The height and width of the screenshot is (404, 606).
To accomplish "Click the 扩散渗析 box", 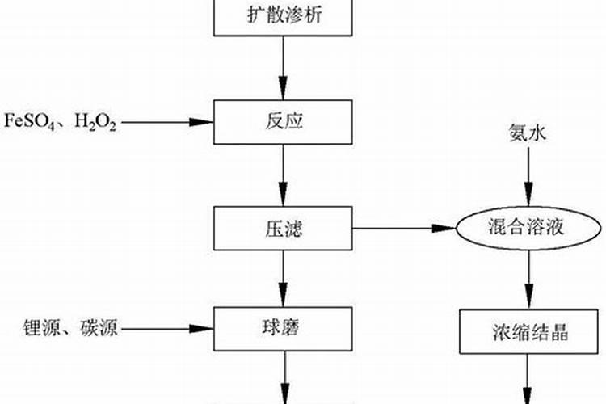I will (283, 17).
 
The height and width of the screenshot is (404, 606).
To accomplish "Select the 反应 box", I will (283, 122).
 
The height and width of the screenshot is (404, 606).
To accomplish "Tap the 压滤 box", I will (283, 228).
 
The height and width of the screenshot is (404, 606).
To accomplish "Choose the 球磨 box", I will (283, 328).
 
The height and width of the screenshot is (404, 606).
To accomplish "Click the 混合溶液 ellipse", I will (529, 229).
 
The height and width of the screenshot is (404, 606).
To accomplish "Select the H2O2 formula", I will (95, 123).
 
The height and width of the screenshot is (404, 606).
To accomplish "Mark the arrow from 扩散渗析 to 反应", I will (283, 68).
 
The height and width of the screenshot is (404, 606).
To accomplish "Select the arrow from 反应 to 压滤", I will (283, 175).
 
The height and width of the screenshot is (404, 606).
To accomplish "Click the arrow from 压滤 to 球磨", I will (283, 278).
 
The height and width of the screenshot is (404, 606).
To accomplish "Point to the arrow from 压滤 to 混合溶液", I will (404, 229).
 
